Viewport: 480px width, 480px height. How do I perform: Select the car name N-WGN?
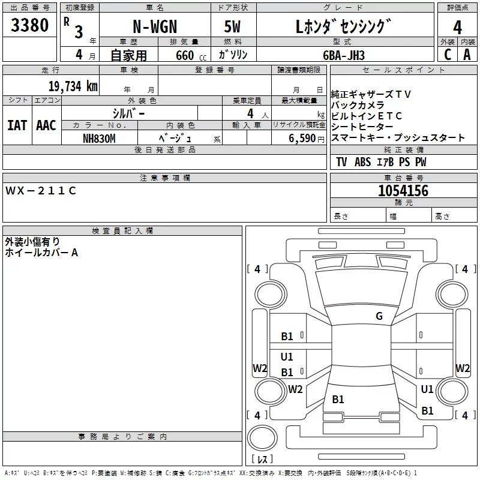155,28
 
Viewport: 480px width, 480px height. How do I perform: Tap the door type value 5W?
233,28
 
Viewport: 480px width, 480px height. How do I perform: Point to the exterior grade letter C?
447,55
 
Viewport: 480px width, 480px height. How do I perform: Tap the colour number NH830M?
99,138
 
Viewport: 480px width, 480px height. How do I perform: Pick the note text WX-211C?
41,191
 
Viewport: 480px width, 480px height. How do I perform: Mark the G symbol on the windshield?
379,316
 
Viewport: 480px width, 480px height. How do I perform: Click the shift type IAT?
17,125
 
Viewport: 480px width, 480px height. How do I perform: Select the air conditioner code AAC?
46,125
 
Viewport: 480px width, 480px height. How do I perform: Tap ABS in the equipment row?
362,162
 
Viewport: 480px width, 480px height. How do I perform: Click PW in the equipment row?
421,162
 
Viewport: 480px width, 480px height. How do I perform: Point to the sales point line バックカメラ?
358,105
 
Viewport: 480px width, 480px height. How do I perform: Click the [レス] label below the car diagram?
262,460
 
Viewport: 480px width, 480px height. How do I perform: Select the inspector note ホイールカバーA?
41,253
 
